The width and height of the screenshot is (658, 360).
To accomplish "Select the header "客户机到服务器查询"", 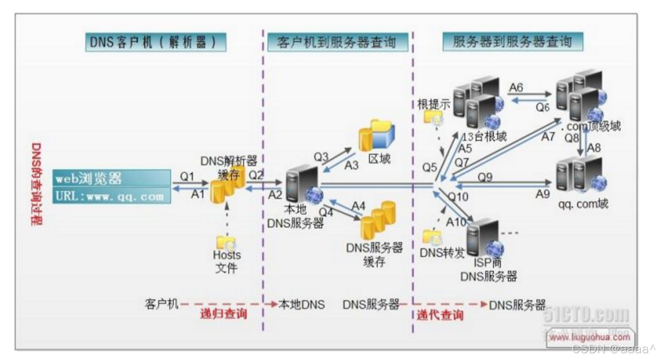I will point(338,42).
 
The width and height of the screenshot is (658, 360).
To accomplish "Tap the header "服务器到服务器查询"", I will point(512,42).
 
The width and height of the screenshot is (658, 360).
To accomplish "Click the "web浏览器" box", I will point(112,178).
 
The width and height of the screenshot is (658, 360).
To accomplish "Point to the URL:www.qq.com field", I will point(112,196).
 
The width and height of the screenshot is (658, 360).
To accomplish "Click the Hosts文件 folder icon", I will point(226,242).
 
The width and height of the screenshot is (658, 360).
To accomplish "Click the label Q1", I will point(187,176).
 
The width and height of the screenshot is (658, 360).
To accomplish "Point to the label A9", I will point(542,194).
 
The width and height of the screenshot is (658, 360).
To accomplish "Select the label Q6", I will point(543,107).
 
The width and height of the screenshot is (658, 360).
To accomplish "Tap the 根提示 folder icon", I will point(432,118).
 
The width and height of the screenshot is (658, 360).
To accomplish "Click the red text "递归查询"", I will point(223,315).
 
